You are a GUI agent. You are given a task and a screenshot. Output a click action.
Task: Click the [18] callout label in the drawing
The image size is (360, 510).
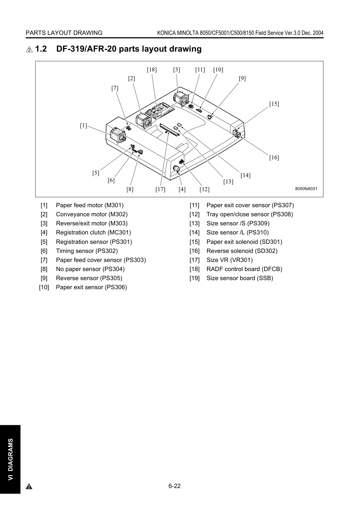pos(152,70)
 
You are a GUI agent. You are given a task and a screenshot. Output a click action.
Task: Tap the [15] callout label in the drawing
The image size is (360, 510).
pos(274,104)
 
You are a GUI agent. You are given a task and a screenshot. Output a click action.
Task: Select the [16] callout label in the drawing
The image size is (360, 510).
pos(274,158)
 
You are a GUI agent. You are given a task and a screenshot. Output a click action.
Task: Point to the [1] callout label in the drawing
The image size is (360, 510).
pos(83,126)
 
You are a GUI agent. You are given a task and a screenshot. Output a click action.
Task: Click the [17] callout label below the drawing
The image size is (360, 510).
pos(160,189)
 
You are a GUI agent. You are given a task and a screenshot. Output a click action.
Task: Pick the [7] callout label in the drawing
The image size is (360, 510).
pos(115,88)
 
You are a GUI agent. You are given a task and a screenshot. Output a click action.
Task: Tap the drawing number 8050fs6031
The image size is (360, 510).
pos(306,188)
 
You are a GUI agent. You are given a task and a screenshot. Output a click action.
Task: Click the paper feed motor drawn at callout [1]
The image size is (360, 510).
pos(118,135)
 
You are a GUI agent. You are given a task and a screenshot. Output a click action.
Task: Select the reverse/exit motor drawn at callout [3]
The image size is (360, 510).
pos(181,99)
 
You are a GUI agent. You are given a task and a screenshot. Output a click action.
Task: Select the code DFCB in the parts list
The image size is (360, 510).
pos(271,269)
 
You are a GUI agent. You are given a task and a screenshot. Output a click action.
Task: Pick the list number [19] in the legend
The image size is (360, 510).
pos(194,278)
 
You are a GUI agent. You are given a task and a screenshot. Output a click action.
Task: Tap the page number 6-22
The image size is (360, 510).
pos(175,486)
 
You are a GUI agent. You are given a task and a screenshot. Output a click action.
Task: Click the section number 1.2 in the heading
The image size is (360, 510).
pos(41,49)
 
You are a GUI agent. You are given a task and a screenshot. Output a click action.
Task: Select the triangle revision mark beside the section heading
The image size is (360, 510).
pos(29,50)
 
